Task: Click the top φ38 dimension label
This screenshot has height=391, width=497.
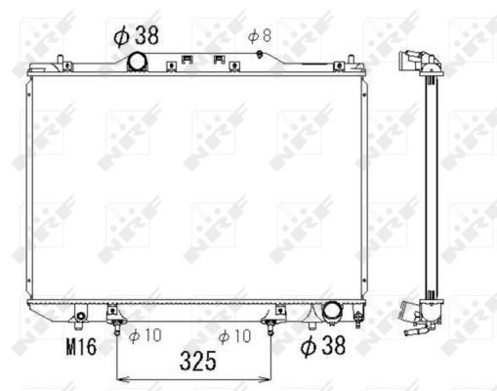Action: [x=136, y=35]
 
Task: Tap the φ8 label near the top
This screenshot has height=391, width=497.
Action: [x=260, y=36]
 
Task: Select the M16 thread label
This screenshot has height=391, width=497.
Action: [x=81, y=346]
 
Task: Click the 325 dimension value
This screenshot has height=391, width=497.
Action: [x=198, y=361]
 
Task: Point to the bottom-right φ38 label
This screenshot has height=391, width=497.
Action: [x=323, y=346]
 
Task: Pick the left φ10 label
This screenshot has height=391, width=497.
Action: [x=145, y=335]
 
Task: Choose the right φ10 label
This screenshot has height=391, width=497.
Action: [x=234, y=336]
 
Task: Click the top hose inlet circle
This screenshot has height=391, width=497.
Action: [x=138, y=62]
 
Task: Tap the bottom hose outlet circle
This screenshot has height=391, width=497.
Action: [x=331, y=309]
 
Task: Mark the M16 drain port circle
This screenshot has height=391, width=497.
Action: [x=80, y=316]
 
